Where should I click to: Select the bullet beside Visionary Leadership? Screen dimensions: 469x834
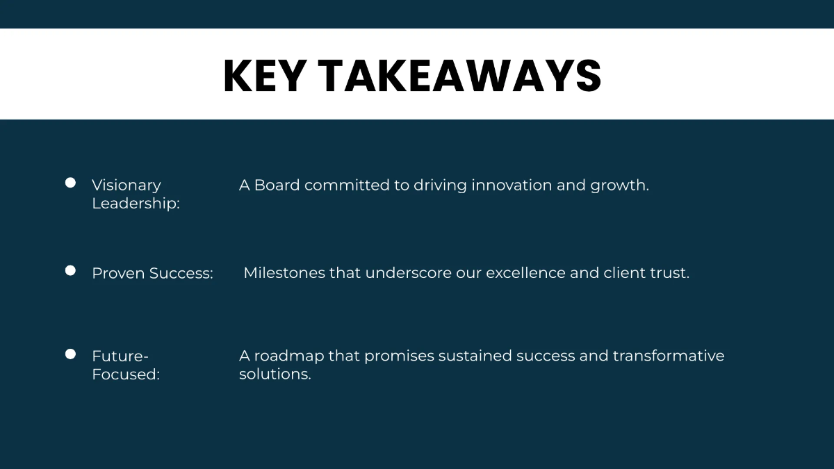70,183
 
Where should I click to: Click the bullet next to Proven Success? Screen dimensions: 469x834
70,270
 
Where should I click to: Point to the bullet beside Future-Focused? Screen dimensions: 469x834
70,354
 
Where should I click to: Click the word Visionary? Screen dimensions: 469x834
126,186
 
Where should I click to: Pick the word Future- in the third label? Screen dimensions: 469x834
120,356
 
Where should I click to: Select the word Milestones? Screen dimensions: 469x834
284,273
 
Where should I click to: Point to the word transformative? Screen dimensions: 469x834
668,356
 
